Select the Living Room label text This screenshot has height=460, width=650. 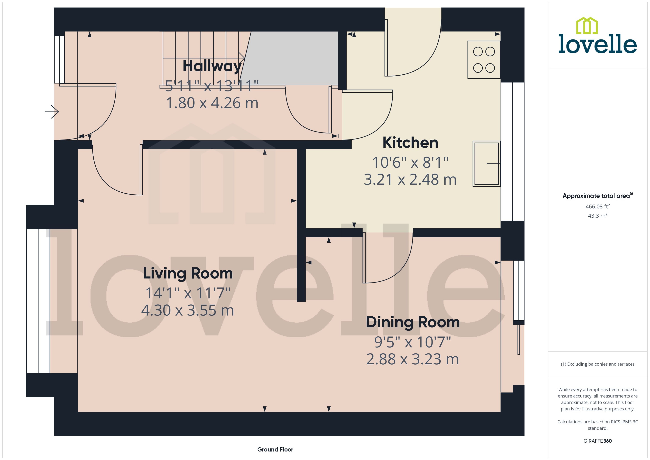coord(188,273)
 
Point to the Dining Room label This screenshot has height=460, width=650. coord(412,322)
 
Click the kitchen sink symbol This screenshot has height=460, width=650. coord(486,164)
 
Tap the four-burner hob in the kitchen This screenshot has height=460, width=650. coord(484,60)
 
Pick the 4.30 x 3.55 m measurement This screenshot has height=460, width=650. coord(188,311)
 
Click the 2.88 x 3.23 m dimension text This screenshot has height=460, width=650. coord(412,359)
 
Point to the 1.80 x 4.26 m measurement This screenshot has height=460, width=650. coord(212,103)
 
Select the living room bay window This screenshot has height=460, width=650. coord(38,301)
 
